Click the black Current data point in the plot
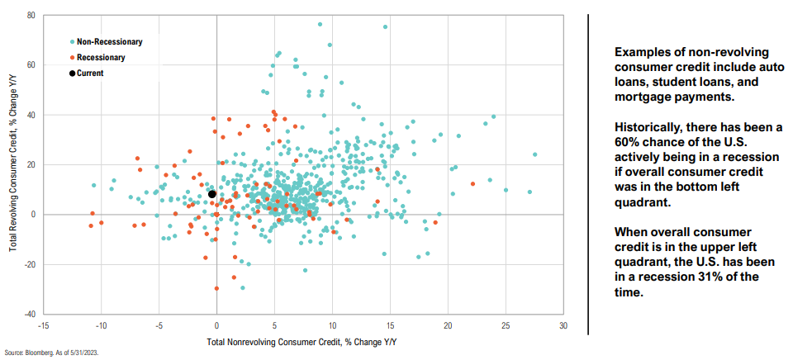pos(211,194)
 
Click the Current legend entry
pos(90,73)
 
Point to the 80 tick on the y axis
pos(30,15)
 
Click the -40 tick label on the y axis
pos(28,315)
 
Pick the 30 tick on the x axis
pos(563,325)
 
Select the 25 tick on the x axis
pos(506,325)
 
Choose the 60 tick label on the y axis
pos(30,65)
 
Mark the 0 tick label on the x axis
pos(216,325)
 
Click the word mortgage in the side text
pos(646,97)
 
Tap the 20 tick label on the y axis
pos(30,165)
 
